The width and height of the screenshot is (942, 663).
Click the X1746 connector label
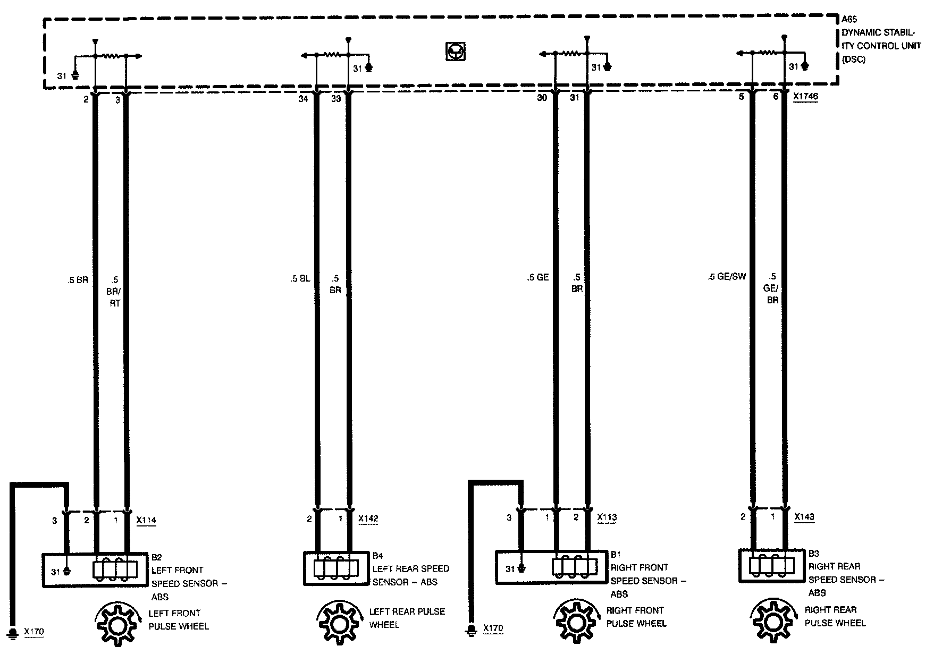pos(805,97)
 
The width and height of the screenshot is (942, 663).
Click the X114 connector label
pos(146,521)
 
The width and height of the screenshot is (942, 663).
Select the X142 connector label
pos(368,519)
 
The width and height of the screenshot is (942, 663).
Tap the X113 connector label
pos(607,517)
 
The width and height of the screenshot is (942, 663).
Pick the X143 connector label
pos(804,516)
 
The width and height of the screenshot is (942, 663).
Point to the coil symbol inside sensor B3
pos(769,566)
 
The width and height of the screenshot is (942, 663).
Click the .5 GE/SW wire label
pos(727,277)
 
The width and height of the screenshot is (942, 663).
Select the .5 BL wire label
pos(300,278)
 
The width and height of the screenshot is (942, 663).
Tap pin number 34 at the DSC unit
pos(303,98)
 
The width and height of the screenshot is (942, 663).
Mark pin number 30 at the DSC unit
pos(542,98)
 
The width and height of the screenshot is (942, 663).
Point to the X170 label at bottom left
pos(34,632)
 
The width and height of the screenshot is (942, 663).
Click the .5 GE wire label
pos(537,277)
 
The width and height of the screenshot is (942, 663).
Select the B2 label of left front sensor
pos(156,557)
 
